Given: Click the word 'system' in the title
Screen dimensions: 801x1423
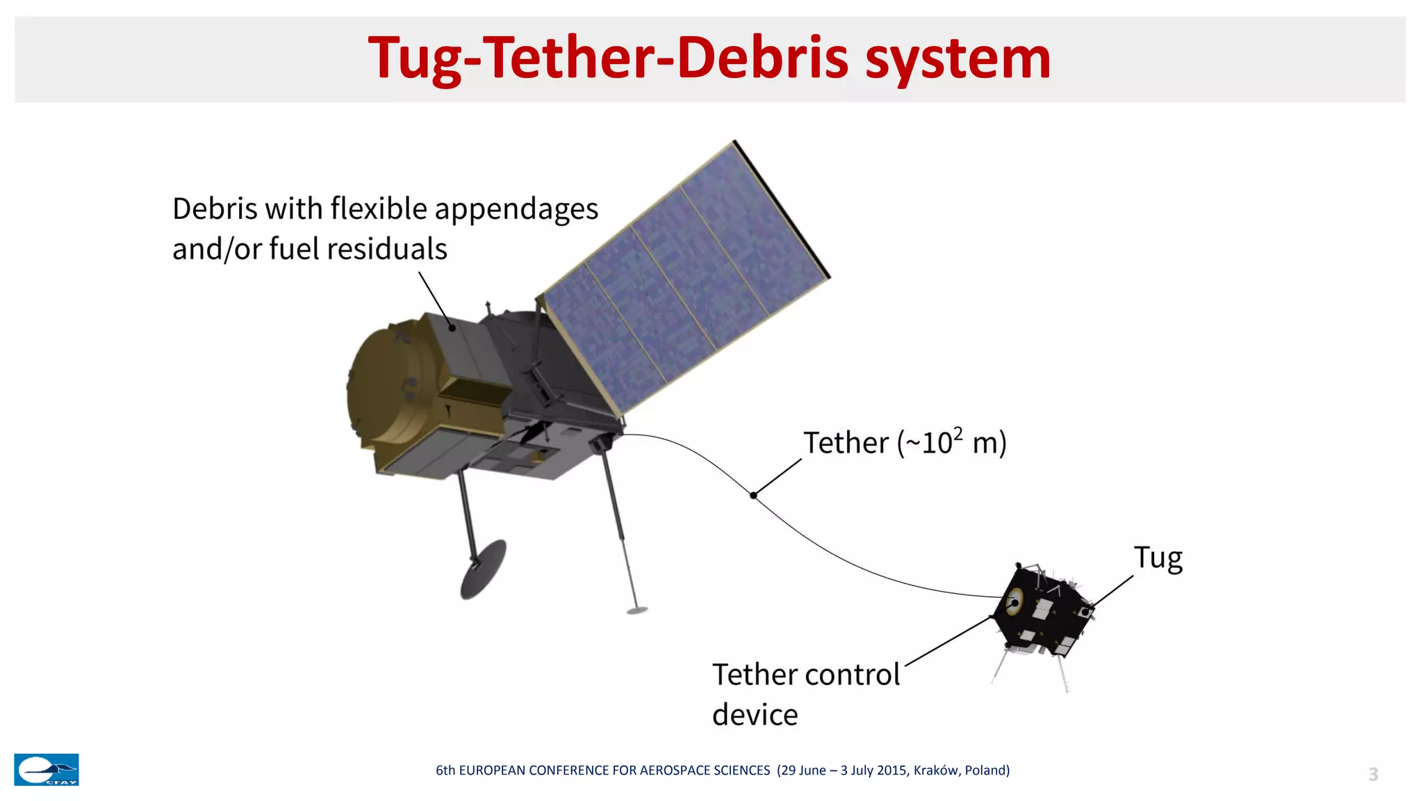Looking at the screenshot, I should point(958,60).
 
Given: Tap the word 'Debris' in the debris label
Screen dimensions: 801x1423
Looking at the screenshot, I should point(213,209).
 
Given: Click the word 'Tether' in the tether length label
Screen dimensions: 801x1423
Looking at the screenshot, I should point(846,443).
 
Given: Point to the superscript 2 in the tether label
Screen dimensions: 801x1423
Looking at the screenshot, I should point(958,435).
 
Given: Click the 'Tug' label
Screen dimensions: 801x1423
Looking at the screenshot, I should point(1158,558).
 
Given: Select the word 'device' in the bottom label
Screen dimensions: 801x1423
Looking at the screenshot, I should point(755,715).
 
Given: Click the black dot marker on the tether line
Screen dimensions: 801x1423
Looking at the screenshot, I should point(753,495).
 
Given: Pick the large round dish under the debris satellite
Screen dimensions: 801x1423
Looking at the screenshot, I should point(483,569).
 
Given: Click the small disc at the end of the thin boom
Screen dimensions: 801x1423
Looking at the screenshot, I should point(637,610).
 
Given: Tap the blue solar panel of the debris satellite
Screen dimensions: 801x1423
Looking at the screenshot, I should point(684,278).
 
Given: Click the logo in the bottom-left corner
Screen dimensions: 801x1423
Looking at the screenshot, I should point(47,770).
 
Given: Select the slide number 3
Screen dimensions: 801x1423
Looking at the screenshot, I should point(1373,774).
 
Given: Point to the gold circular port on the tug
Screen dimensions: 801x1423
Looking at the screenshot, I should point(1015,600).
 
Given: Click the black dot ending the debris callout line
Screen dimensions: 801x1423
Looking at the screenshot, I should point(452,327).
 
